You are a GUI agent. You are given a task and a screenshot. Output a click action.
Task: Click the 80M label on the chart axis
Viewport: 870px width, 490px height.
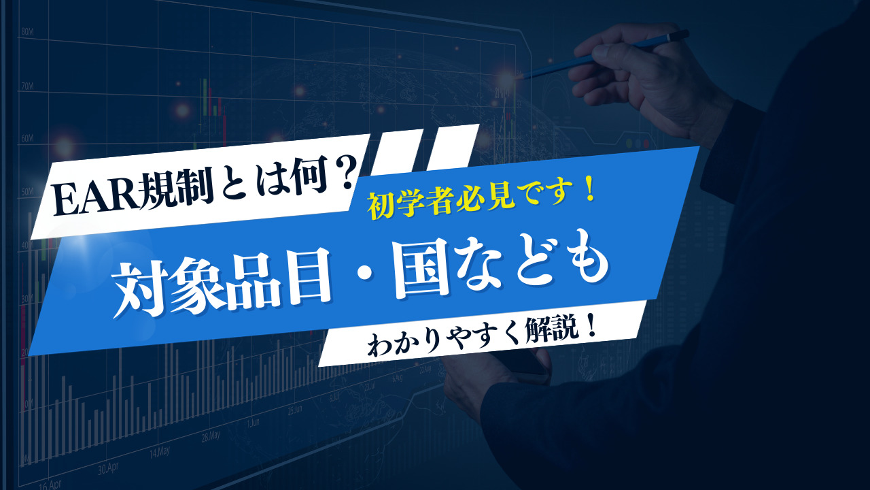click(28, 32)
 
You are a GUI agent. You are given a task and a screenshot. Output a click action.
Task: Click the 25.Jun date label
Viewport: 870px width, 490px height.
click(294, 410)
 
